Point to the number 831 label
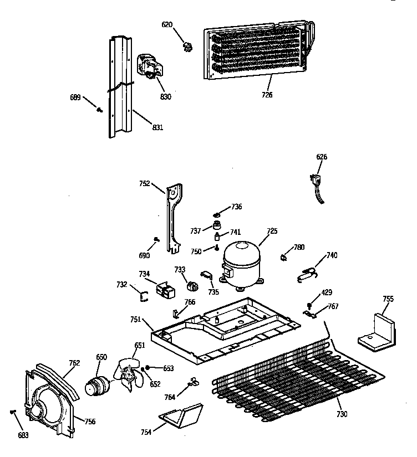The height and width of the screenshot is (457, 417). click(157, 128)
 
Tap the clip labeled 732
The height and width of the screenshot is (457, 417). click(144, 296)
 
